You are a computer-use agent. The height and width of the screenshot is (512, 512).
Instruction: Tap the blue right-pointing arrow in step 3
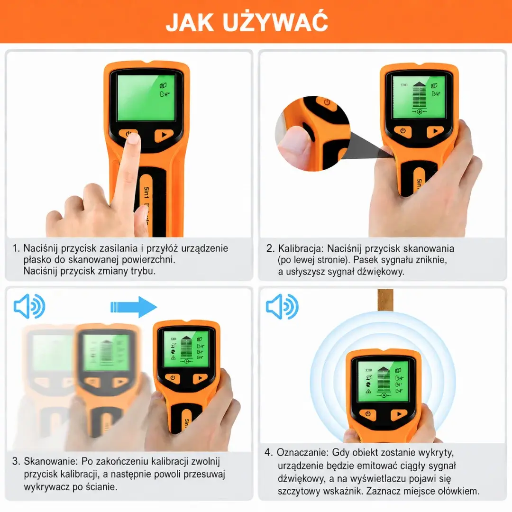pos(134,307)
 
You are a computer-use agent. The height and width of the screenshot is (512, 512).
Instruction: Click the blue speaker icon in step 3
pos(29,306)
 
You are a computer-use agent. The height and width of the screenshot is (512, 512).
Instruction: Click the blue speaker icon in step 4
pos(282,306)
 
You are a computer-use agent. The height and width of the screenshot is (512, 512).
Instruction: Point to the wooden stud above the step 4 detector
pos(385,301)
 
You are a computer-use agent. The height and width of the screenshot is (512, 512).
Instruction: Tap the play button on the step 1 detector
pos(164,135)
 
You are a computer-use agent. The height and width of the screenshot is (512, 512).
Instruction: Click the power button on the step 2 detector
pos(402,131)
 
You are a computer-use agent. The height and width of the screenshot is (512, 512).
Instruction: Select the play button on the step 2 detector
pos(435,131)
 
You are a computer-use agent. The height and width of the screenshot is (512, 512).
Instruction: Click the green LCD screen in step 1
pos(146,97)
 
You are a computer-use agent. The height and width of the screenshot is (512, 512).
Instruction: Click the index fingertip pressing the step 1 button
pos(133,139)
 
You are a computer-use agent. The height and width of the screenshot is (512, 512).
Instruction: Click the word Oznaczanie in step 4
pos(302,453)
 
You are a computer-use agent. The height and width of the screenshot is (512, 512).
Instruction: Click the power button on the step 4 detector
pos(368,414)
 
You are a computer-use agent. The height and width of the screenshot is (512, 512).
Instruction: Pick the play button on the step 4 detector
pos(399,414)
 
